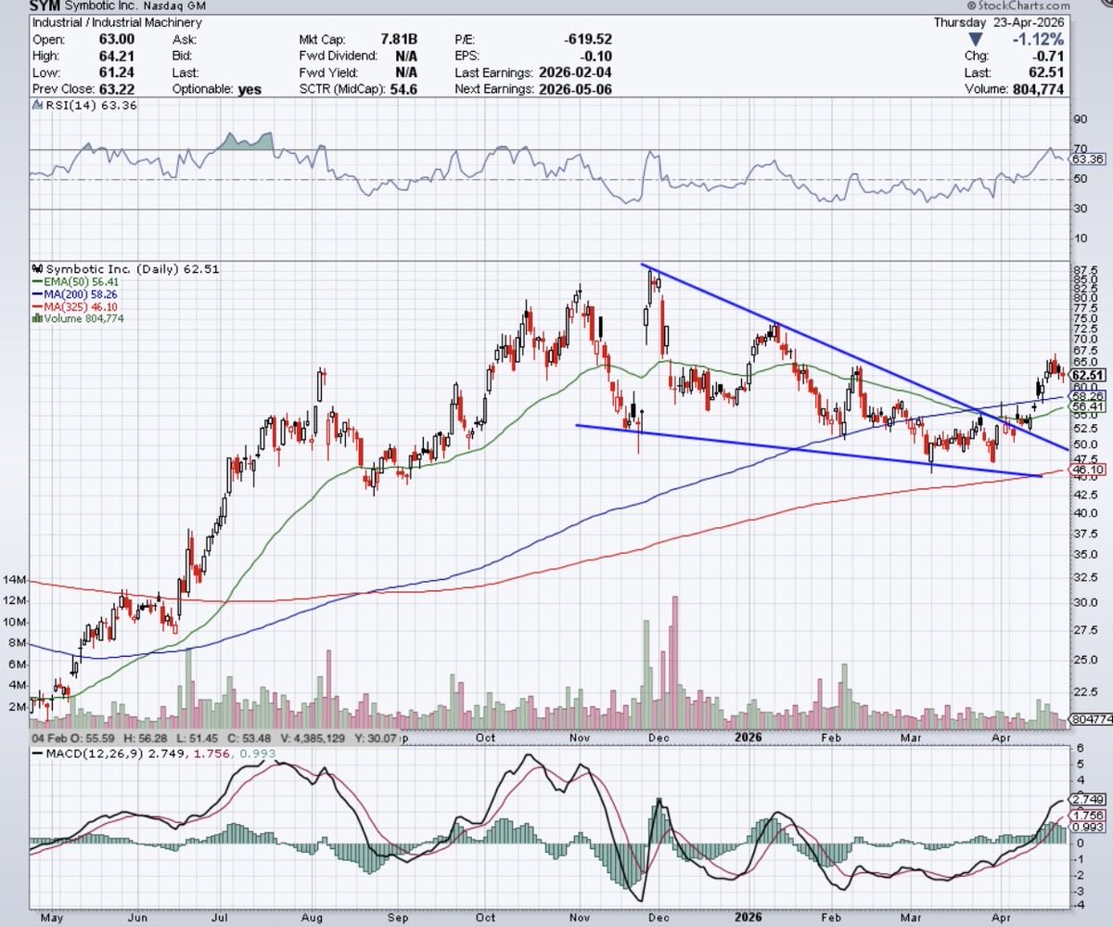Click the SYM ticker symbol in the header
point(45,6)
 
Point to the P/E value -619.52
point(588,39)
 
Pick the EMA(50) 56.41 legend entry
point(77,282)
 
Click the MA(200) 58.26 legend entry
point(77,294)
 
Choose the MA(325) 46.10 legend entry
point(77,306)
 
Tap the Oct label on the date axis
point(485,738)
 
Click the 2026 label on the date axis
point(748,738)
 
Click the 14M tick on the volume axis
point(13,580)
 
